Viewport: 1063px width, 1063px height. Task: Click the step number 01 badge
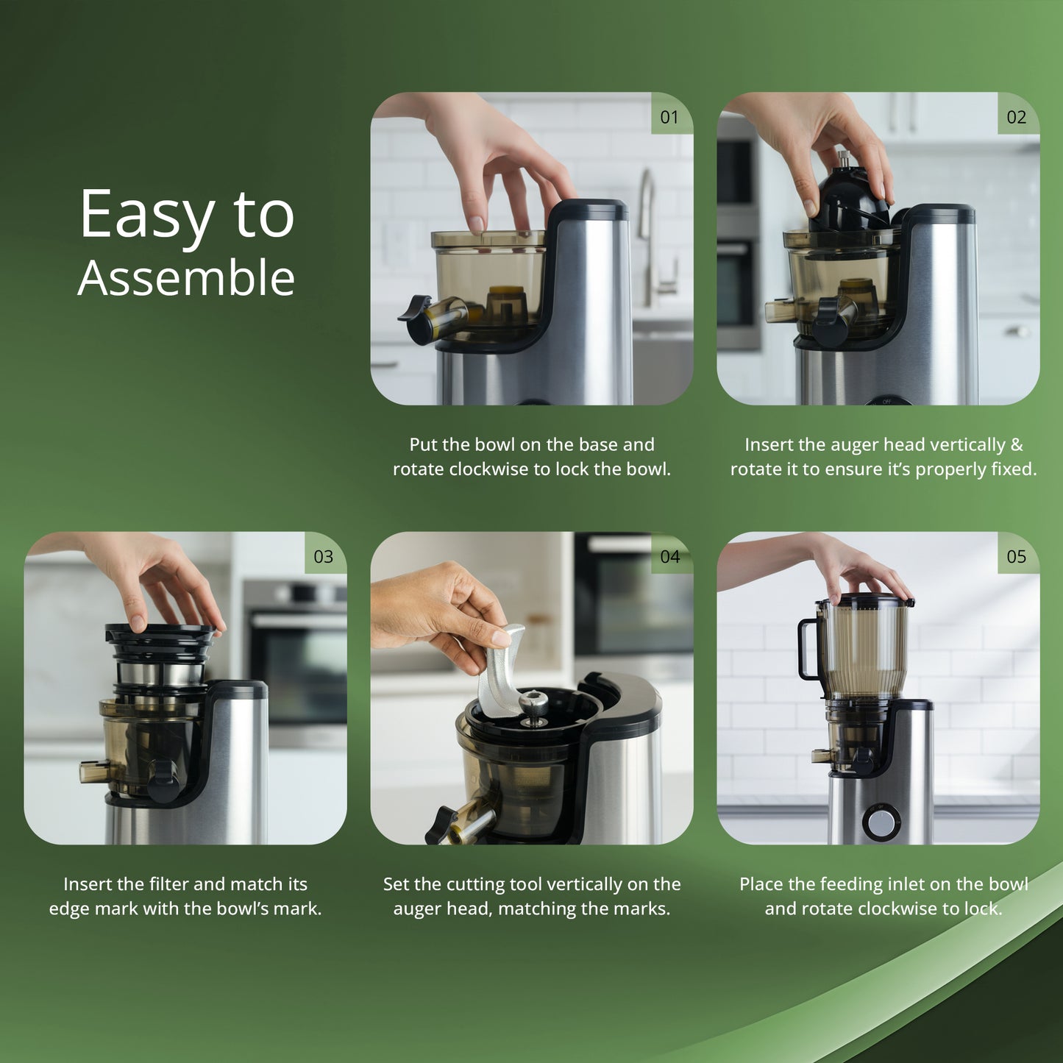click(669, 117)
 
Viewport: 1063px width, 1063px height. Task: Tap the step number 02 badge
click(1016, 117)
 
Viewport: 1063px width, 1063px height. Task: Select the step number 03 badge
click(324, 557)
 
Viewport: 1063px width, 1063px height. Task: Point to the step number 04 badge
click(669, 557)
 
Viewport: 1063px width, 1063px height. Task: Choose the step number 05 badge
click(1016, 557)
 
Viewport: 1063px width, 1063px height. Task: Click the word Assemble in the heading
click(186, 278)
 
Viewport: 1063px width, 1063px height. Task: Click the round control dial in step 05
click(881, 823)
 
